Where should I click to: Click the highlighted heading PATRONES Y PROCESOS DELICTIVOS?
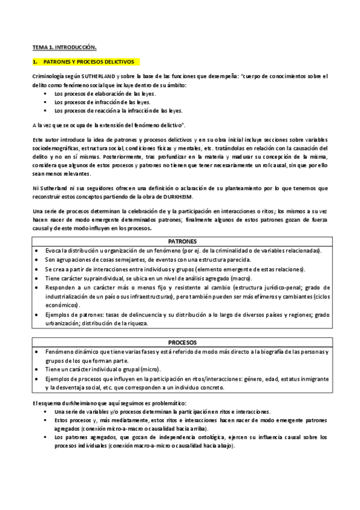tap(89, 62)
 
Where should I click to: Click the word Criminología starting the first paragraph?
tap(50, 76)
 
